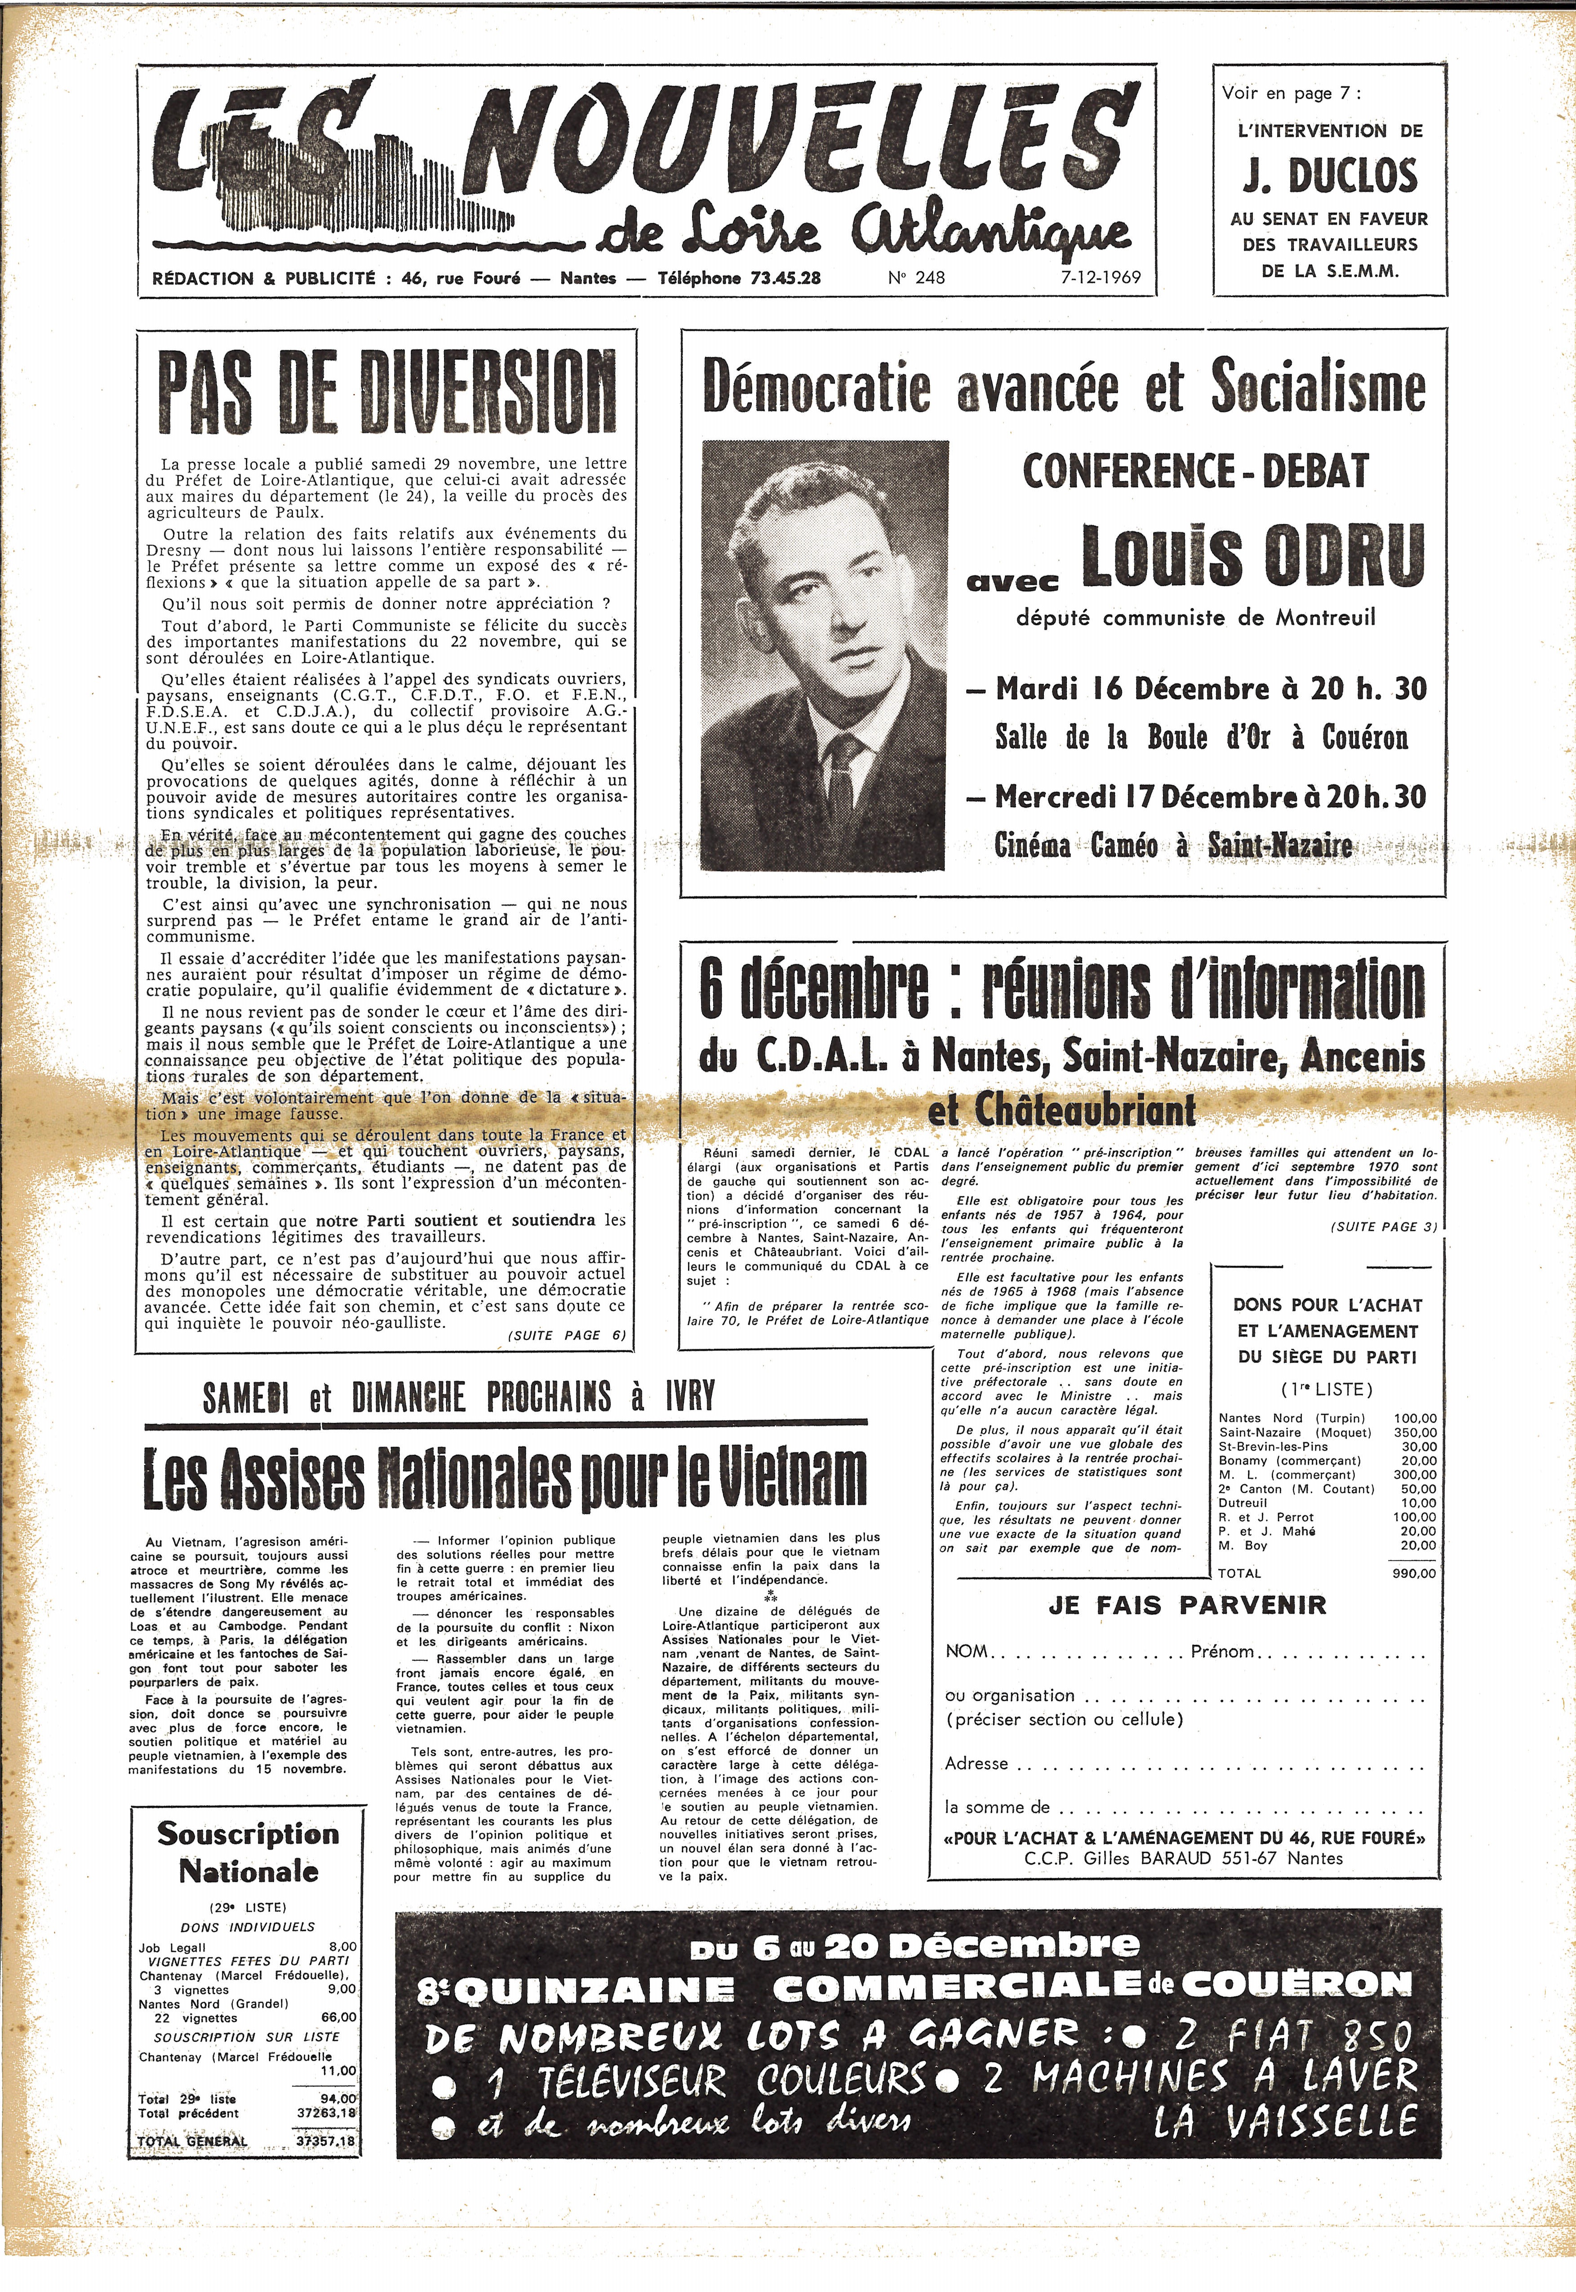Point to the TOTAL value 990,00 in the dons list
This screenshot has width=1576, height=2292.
[1414, 1573]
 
